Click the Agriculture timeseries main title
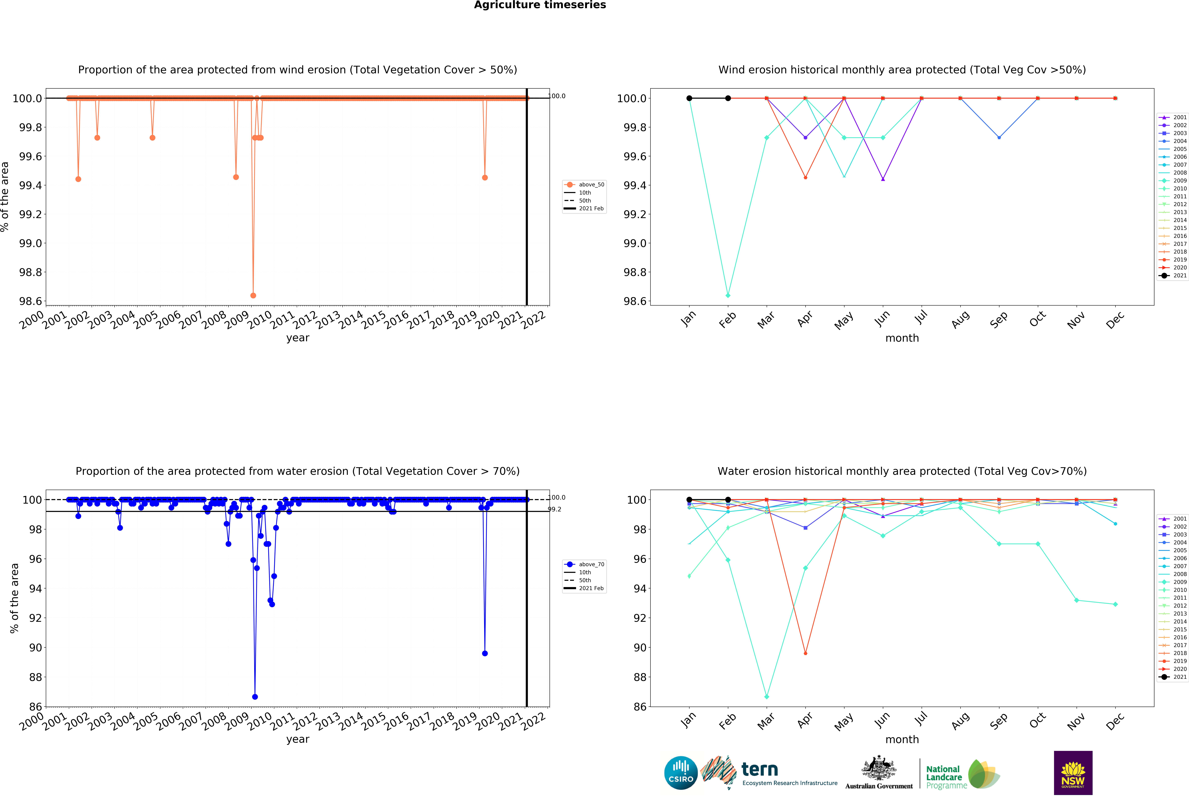tap(540, 5)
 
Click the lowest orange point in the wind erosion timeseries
tap(253, 295)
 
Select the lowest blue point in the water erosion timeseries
tap(255, 697)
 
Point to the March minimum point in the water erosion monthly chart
tap(766, 697)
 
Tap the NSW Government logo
tap(1073, 773)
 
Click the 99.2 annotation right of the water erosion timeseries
tap(555, 509)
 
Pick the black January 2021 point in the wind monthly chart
tap(689, 98)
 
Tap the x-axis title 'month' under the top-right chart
tap(902, 338)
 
